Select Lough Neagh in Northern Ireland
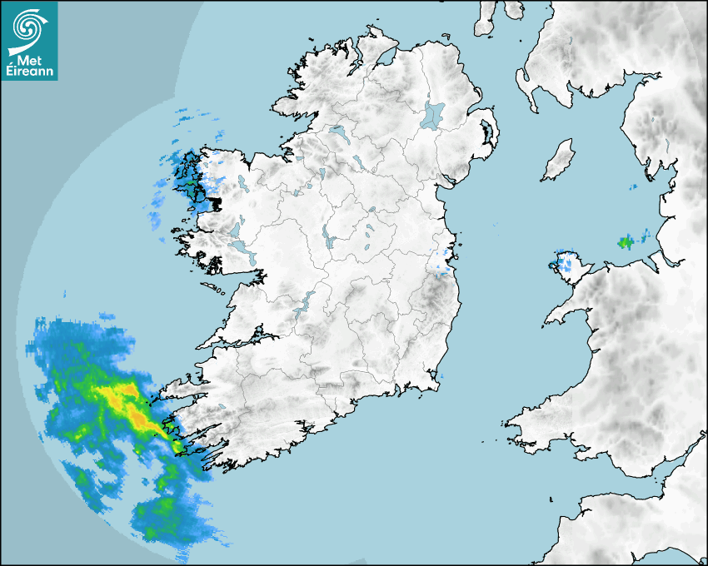(433, 114)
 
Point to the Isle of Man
(559, 161)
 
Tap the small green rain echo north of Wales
(625, 242)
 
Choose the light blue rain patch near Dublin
(441, 265)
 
